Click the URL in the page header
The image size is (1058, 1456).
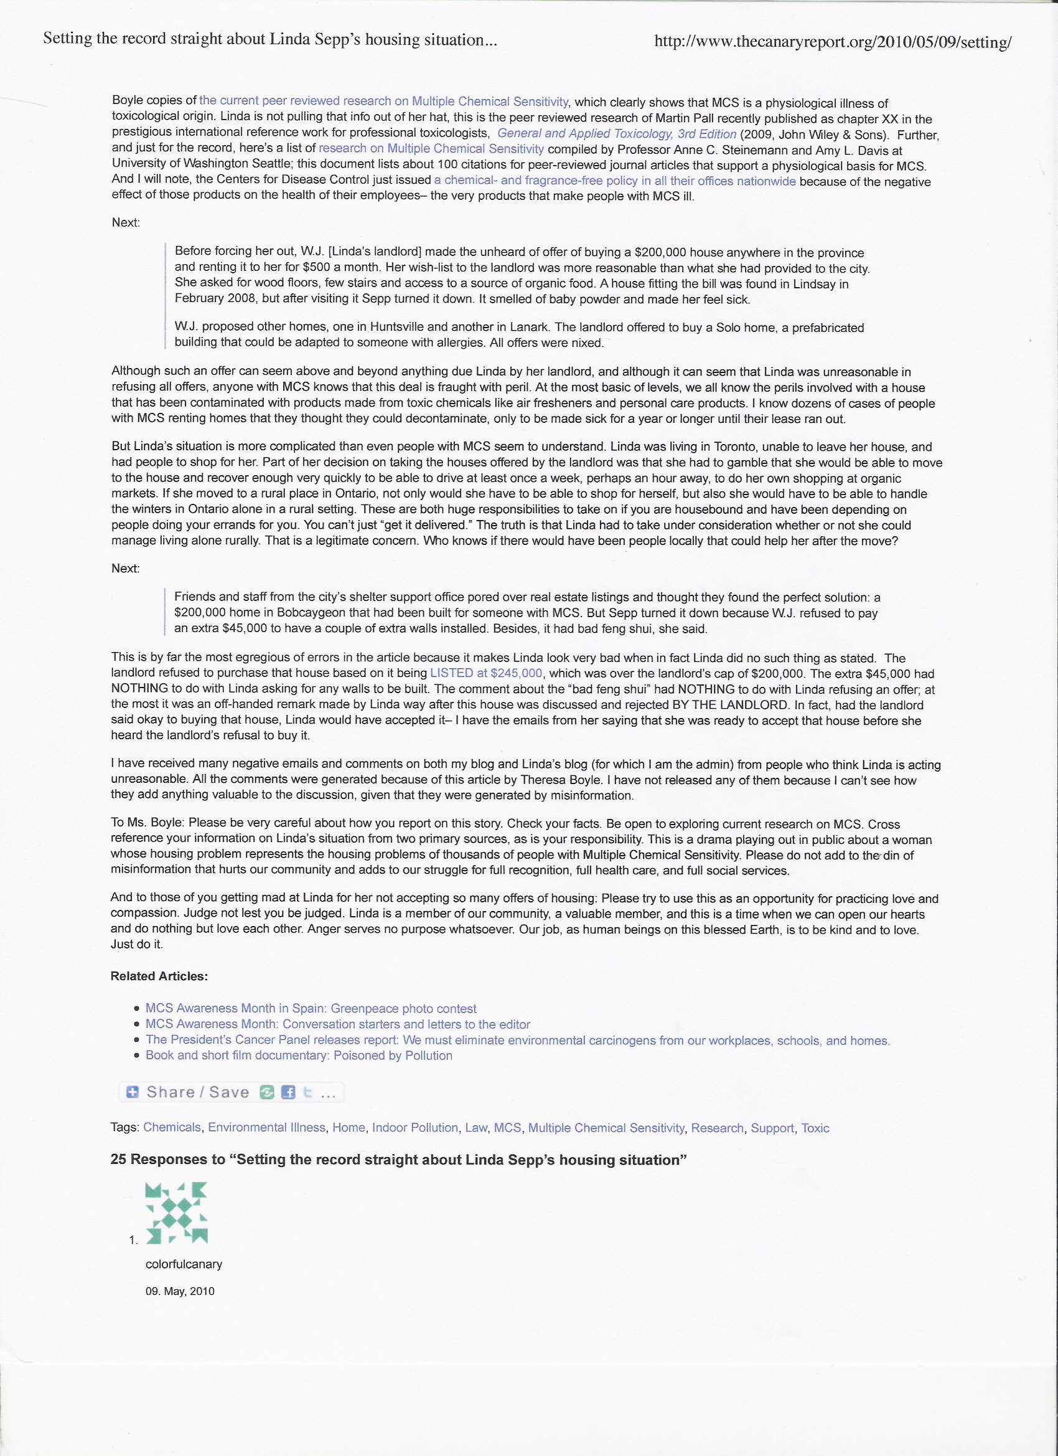832,42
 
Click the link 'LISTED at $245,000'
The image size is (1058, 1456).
485,673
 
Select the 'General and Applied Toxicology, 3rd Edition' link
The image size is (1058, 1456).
617,133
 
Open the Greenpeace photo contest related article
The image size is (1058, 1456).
311,1008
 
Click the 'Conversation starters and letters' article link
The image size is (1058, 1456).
337,1024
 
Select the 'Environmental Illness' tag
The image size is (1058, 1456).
266,1127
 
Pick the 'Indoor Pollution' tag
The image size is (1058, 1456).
414,1127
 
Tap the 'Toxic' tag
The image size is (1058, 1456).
815,1128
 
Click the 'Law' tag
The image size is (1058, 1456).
475,1127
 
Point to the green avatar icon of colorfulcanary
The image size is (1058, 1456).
177,1212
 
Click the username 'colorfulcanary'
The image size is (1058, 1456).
184,1264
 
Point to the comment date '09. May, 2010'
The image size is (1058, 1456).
180,1291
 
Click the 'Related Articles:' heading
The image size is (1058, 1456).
159,976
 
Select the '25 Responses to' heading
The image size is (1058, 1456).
398,1160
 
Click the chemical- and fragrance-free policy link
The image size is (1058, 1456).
615,181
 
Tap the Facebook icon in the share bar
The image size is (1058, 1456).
288,1092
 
